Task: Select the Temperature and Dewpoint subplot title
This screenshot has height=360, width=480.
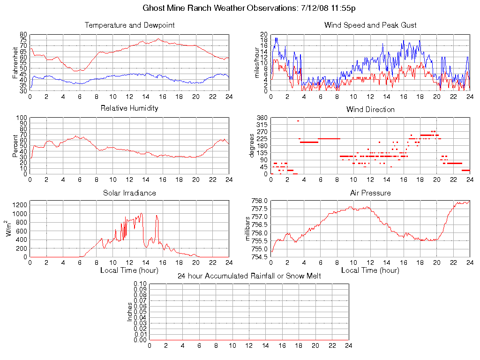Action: coord(129,25)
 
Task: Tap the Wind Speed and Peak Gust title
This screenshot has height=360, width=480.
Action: coord(370,25)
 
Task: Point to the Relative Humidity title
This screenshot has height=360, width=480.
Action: coord(129,108)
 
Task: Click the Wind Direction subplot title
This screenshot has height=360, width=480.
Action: coord(370,110)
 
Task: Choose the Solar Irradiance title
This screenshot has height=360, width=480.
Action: coord(129,193)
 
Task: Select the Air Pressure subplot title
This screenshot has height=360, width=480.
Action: coord(370,193)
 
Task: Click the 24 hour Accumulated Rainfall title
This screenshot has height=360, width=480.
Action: coord(249,276)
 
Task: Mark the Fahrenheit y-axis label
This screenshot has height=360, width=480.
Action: coord(15,63)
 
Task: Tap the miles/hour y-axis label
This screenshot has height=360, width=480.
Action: coord(256,63)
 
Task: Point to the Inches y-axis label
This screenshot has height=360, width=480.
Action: coord(130,312)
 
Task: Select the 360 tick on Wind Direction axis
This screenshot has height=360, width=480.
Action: coord(262,118)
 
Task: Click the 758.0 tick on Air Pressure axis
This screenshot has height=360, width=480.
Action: coord(259,201)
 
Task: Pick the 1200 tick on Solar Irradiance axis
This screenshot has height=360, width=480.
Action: coord(20,205)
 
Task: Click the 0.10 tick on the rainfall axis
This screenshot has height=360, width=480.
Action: coord(140,284)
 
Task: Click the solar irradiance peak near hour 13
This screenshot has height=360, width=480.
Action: coord(141,214)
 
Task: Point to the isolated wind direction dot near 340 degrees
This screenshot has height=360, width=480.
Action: coord(298,121)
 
